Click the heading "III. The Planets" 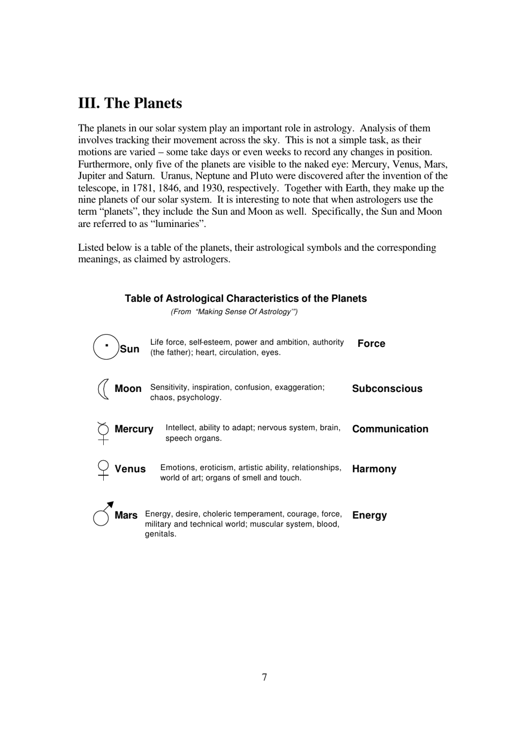[130, 103]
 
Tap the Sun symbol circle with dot [106, 346]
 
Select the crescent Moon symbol [103, 389]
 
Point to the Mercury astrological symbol [103, 432]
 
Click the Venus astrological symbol [103, 470]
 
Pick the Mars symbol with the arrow [103, 513]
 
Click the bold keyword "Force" [371, 344]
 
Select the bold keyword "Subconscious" [387, 389]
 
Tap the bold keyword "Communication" [390, 429]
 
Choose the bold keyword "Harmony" [374, 469]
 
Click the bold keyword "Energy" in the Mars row [369, 515]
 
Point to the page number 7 [264, 677]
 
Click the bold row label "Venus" [130, 469]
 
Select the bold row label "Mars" [126, 515]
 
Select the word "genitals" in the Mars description [160, 534]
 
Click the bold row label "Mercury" [134, 429]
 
